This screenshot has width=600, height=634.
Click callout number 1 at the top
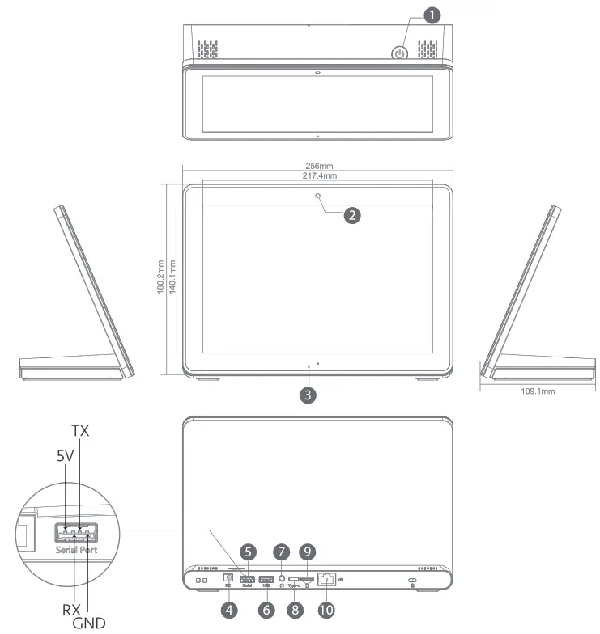434,16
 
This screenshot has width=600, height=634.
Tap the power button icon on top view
398,54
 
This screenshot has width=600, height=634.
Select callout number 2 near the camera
351,215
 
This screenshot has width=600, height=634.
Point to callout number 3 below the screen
307,395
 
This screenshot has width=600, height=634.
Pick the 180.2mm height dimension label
160,278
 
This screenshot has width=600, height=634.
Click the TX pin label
80,430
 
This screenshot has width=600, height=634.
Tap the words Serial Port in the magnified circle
74,549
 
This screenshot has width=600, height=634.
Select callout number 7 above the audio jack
281,552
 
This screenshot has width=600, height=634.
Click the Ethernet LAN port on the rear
329,579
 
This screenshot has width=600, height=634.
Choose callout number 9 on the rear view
307,552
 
